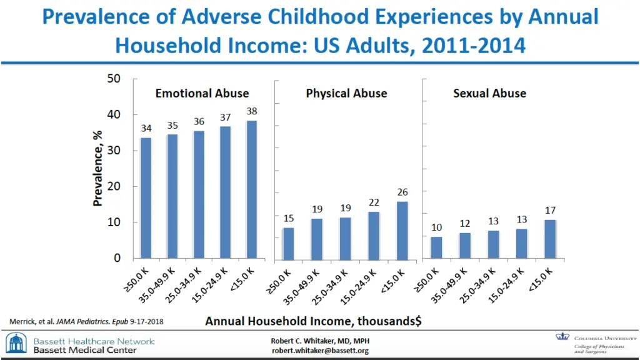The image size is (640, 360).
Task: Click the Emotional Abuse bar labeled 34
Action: point(146,197)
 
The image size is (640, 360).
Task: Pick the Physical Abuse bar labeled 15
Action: point(287,242)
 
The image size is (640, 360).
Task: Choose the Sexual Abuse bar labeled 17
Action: point(550,239)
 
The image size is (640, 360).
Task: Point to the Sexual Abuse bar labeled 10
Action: point(436,247)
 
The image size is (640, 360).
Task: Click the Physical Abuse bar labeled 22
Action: point(374,234)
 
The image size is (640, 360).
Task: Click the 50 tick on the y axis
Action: point(113,79)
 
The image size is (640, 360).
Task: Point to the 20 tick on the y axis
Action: point(113,187)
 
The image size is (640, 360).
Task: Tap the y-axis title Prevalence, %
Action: point(97,169)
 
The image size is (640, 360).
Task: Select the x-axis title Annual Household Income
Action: point(313,321)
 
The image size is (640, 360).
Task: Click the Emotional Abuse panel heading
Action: point(202,94)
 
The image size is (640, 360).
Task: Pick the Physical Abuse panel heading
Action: point(346,94)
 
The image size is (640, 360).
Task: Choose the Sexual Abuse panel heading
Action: point(489,94)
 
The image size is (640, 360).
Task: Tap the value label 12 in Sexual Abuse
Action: point(464,224)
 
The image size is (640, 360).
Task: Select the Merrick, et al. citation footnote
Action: point(87,321)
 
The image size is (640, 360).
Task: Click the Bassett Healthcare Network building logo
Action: point(16,344)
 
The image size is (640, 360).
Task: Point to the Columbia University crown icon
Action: point(562,337)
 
